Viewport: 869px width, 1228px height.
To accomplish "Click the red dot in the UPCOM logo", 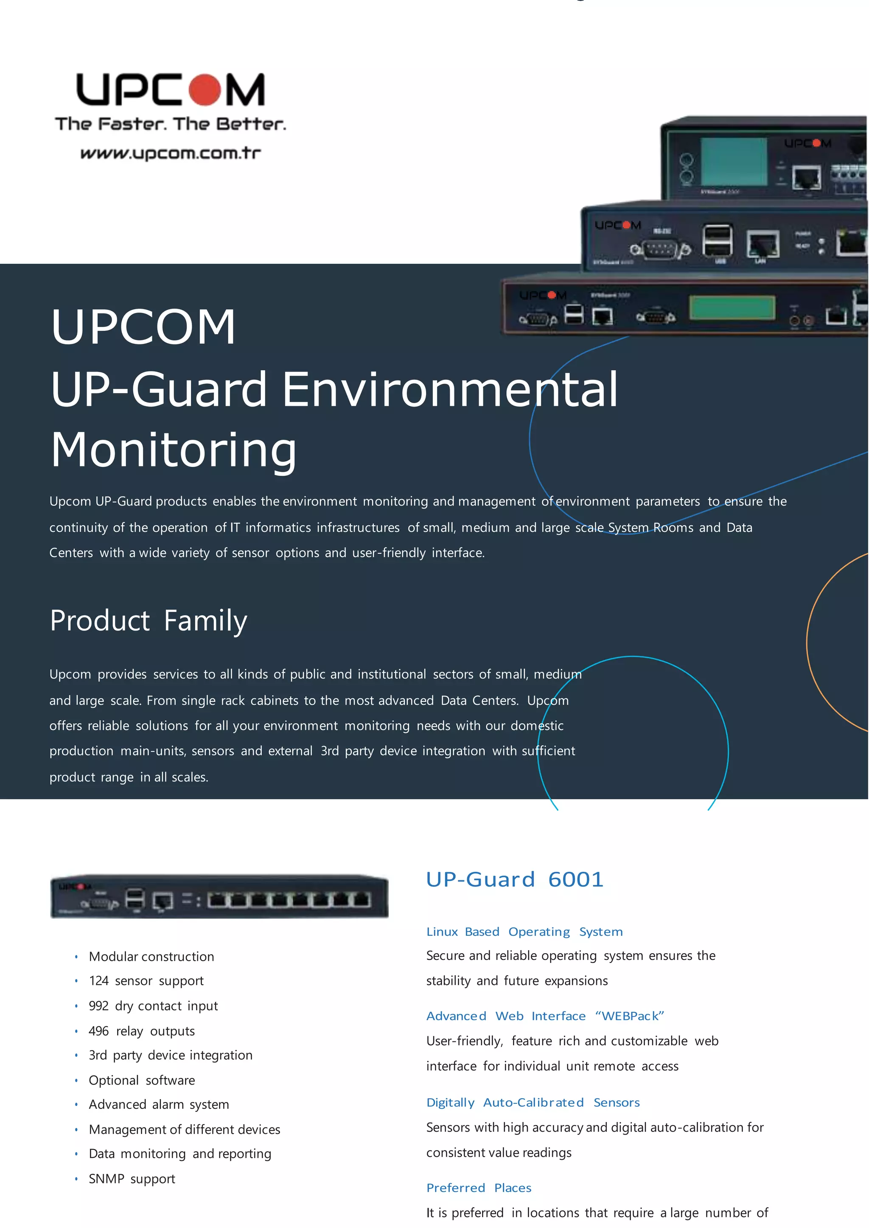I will point(204,90).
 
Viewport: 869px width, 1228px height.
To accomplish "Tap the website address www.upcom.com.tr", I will point(170,153).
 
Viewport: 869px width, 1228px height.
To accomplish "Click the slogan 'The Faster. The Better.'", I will point(170,124).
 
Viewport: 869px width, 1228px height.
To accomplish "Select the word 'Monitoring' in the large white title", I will point(174,450).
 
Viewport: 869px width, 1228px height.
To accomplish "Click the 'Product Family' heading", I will point(148,621).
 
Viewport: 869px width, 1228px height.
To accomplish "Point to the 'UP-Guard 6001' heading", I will point(515,880).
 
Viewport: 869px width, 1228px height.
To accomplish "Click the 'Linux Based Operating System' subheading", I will point(524,932).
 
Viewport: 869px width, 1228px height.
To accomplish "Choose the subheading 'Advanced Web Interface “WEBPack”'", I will point(545,1016).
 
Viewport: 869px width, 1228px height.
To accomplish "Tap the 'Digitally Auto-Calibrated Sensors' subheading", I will point(533,1102).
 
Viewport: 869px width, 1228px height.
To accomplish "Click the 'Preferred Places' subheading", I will point(478,1188).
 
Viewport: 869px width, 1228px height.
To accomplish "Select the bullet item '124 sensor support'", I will point(146,981).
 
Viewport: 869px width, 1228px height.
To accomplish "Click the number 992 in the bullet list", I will point(98,1006).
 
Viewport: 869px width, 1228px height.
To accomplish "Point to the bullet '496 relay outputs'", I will point(141,1031).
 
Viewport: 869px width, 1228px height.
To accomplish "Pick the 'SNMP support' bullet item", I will point(132,1179).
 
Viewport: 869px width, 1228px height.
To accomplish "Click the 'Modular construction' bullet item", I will point(151,957).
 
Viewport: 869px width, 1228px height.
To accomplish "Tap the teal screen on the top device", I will point(733,162).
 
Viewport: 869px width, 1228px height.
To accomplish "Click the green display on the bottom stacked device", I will point(732,307).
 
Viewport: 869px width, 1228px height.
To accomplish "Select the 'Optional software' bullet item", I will point(142,1080).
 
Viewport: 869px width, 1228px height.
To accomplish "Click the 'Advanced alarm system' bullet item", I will point(159,1105).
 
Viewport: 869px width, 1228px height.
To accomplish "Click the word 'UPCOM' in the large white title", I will point(143,327).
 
